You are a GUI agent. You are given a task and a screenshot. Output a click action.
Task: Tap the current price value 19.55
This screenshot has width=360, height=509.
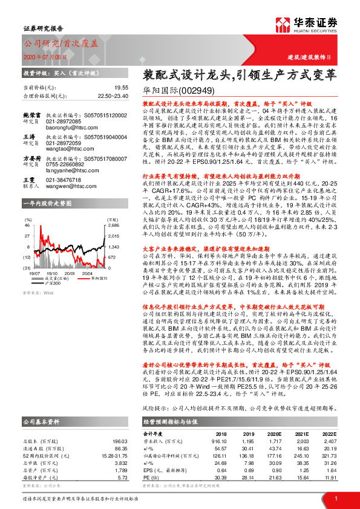122,88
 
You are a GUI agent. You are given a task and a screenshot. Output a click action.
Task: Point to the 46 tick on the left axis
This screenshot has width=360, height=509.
27,224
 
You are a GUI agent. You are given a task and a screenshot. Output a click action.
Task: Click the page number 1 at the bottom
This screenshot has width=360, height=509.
335,498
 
